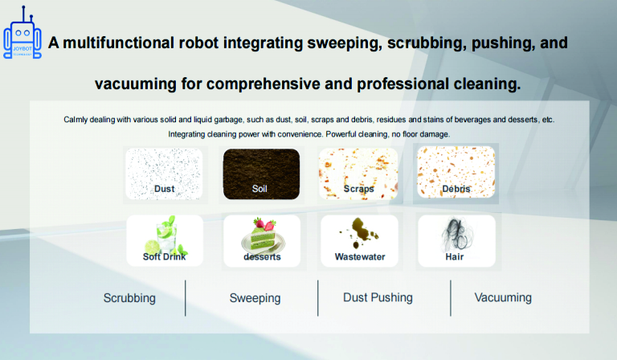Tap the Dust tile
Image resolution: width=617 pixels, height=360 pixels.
164,174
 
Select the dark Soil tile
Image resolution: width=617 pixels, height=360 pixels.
261,174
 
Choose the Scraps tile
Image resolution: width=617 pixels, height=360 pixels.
358,174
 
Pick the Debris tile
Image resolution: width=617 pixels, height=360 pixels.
456,172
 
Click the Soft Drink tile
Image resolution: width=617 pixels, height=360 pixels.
165,240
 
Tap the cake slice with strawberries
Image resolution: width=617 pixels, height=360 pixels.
264,235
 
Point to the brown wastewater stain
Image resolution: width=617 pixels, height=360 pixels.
359,232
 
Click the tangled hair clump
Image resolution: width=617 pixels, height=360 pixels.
456,235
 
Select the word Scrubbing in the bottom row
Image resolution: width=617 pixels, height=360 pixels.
129,298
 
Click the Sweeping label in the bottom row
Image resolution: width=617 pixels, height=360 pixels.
255,298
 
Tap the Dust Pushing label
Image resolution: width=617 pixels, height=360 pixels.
378,297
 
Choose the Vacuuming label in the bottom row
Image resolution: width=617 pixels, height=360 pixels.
503,297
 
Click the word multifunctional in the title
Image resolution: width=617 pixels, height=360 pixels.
118,43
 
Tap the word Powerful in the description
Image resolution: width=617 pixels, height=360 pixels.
340,134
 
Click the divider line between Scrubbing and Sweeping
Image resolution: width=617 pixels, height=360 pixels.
186,298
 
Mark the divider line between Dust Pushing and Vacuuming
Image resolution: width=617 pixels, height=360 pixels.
451,298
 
